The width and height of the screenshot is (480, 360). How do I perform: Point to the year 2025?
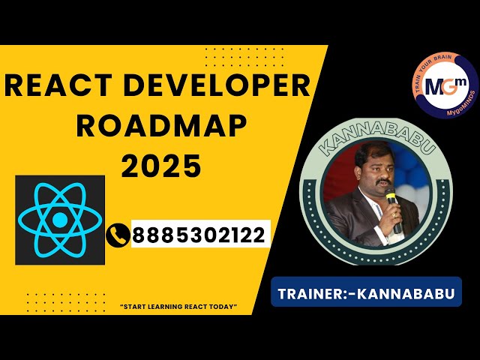tap(161, 166)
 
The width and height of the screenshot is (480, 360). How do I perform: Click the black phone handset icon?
tap(118, 235)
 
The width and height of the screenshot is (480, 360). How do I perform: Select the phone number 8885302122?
tap(199, 235)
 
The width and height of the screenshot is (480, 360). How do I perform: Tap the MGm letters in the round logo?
tap(445, 86)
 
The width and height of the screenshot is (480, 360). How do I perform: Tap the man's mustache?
tap(383, 181)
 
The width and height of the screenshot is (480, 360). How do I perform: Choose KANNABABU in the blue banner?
tap(406, 293)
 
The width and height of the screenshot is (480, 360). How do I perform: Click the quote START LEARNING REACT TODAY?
tap(179, 307)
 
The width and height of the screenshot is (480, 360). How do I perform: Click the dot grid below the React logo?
tap(66, 302)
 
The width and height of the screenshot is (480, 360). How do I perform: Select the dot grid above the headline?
tap(244, 57)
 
